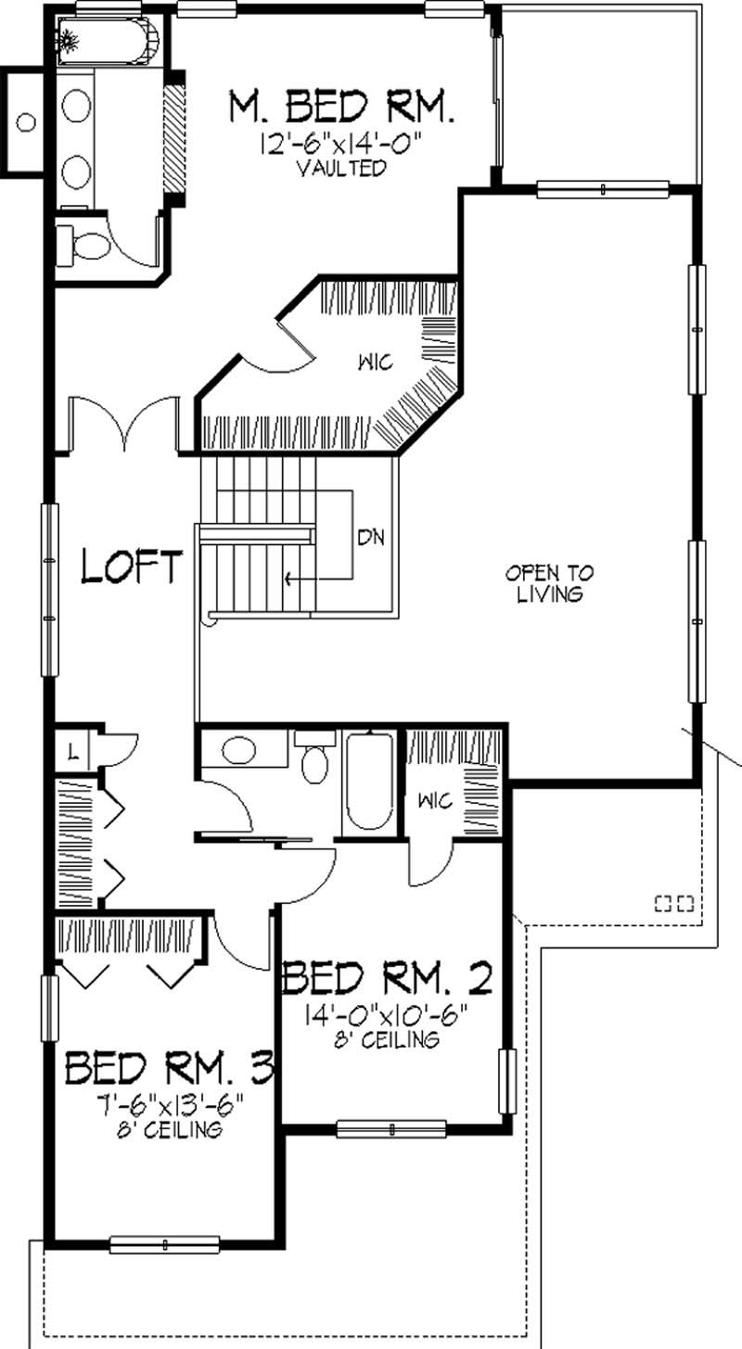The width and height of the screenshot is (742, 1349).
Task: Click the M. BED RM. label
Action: (x=341, y=108)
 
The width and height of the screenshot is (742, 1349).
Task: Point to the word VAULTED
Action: (x=340, y=169)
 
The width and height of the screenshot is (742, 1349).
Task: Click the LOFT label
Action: (x=131, y=566)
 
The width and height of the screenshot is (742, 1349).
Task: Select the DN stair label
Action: (x=371, y=537)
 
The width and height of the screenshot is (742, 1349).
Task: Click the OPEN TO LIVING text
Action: (x=550, y=583)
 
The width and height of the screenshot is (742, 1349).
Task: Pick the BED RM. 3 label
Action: (x=170, y=1068)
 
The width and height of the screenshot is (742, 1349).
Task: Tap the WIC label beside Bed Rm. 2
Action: (x=435, y=800)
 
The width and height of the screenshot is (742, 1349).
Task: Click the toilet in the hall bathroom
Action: (x=315, y=760)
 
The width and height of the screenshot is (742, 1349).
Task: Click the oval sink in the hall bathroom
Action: (x=239, y=750)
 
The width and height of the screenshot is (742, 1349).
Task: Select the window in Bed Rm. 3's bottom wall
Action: (x=164, y=1243)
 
